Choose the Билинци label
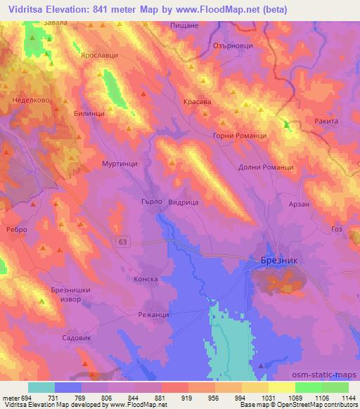pyautogui.click(x=90, y=112)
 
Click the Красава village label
pyautogui.click(x=198, y=101)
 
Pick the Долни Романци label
pyautogui.click(x=266, y=168)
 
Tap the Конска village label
pyautogui.click(x=146, y=279)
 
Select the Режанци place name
pyautogui.click(x=154, y=314)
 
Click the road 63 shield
pyautogui.click(x=124, y=242)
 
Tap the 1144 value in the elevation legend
pyautogui.click(x=346, y=398)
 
